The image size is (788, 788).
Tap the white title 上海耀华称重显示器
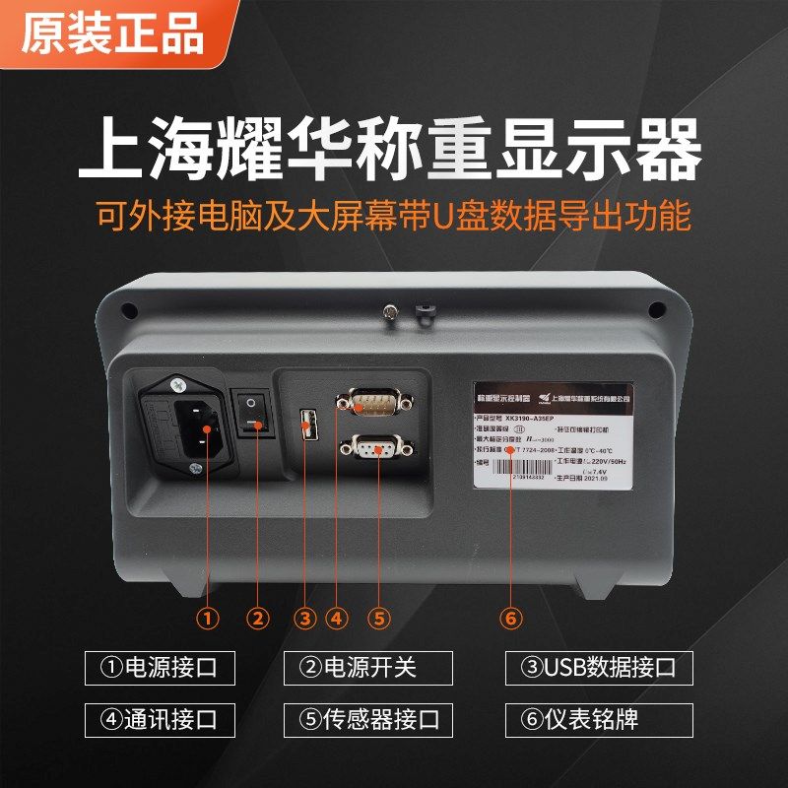pyautogui.click(x=394, y=150)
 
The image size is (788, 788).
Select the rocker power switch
pyautogui.click(x=257, y=415)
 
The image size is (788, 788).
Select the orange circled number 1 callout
pyautogui.click(x=207, y=619)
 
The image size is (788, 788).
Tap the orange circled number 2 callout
pyautogui.click(x=258, y=619)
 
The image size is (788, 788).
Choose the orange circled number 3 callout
pyautogui.click(x=305, y=619)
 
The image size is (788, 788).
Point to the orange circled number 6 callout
pyautogui.click(x=509, y=619)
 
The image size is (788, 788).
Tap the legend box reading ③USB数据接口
pyautogui.click(x=599, y=667)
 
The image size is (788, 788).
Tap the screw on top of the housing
pyautogui.click(x=390, y=313)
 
